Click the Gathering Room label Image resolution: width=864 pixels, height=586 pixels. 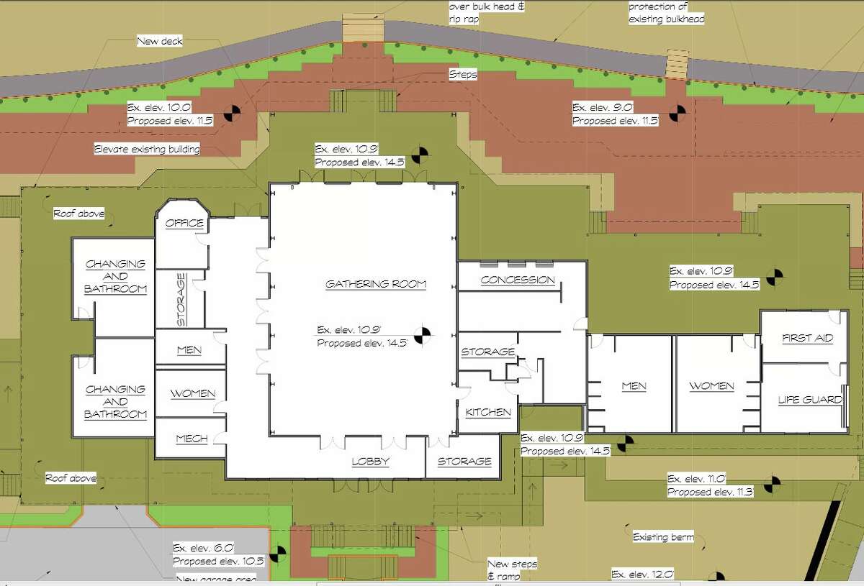pos(376,284)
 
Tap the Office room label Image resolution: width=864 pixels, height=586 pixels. pos(184,224)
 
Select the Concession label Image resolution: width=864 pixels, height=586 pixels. pos(518,280)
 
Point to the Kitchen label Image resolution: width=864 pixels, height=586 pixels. pos(488,412)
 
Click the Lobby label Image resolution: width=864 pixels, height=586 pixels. pos(371,462)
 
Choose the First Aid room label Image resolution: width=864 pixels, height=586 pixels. pos(806,338)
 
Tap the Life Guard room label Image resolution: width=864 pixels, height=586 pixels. pos(810,400)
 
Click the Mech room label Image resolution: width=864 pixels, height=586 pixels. pos(191,439)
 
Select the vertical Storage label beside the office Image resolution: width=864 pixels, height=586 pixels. pos(181,300)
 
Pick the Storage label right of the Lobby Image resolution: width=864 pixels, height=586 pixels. pos(464,462)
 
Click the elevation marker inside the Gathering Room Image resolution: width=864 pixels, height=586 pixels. pos(426,333)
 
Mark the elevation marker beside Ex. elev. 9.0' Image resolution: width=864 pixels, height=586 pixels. pos(677,113)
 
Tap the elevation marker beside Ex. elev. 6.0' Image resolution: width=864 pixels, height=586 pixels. pos(279,553)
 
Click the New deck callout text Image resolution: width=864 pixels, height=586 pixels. pos(160,42)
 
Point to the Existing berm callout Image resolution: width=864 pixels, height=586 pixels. pos(662,537)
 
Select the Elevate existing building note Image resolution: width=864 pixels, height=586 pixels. pos(147,150)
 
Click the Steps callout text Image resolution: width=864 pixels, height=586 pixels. pos(463,74)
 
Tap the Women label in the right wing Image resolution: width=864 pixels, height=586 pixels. pos(711,386)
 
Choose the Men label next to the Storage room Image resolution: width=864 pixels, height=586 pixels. pos(189,350)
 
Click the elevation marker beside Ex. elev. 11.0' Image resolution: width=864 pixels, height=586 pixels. pos(772,484)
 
